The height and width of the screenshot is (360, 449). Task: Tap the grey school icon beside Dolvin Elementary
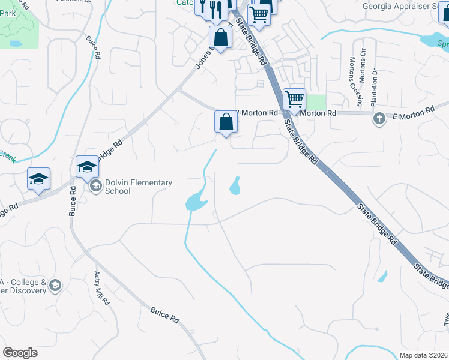tap(95, 187)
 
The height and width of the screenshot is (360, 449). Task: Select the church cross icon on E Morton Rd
tap(379, 118)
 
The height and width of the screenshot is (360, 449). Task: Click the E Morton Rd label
tap(413, 113)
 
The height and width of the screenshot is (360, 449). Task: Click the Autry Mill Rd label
tap(101, 287)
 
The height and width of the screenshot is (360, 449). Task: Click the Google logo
tap(20, 353)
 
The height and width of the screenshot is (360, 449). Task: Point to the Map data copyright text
tap(424, 355)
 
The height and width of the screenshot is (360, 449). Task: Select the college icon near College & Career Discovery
tap(56, 285)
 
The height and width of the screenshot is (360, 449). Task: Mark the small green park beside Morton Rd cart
tap(316, 102)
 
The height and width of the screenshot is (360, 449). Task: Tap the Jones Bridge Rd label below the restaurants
tap(203, 57)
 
